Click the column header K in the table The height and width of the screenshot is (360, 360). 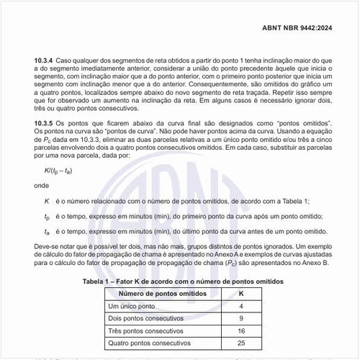241,293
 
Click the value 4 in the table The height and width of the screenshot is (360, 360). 241,306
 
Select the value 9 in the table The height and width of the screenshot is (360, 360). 241,318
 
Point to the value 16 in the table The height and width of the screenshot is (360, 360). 241,330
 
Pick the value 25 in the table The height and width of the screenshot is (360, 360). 241,343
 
